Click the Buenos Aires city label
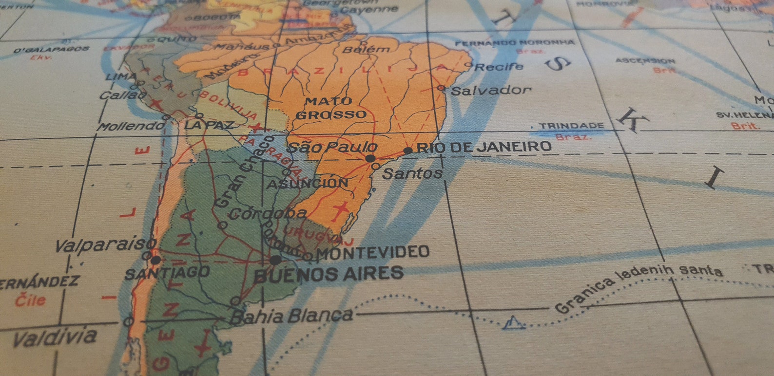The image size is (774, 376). point(329,274)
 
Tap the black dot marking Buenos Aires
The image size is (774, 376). point(275,260)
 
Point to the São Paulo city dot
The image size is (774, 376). point(370,158)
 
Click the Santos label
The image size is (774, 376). point(412,173)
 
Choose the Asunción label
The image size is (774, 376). point(307,184)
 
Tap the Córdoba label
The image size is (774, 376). point(268,213)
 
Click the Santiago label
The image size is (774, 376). point(167,273)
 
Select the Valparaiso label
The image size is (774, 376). point(105,244)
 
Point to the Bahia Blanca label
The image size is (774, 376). point(291,316)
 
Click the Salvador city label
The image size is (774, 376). point(491,90)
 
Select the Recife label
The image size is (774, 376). point(499,67)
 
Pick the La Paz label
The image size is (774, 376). point(209,125)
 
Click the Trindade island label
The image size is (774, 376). point(571,126)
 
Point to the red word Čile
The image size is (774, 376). point(30,300)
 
